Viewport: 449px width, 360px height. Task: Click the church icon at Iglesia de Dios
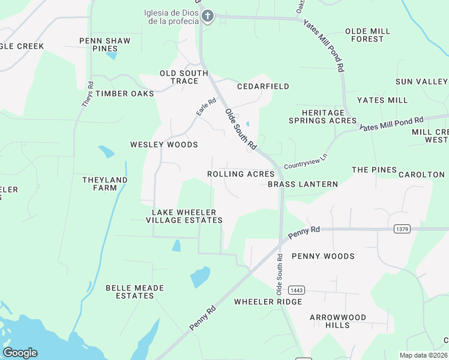[x=208, y=16]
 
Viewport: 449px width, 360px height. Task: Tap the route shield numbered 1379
[x=402, y=229]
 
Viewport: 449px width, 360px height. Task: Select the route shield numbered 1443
[x=297, y=290]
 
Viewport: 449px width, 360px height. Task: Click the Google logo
[x=20, y=353]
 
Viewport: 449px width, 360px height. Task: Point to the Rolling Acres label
[x=241, y=174]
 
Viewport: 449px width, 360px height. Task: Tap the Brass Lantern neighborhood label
[x=303, y=184]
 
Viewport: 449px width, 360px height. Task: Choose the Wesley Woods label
[x=164, y=145]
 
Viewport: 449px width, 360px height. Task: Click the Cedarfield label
[x=263, y=86]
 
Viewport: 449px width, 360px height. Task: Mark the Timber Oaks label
[x=124, y=94]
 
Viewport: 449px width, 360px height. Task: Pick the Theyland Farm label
[x=104, y=184]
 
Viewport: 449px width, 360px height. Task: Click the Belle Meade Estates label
[x=134, y=292]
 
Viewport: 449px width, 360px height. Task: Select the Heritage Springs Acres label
[x=321, y=116]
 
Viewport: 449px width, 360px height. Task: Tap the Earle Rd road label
[x=206, y=107]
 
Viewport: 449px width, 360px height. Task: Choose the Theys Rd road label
[x=88, y=94]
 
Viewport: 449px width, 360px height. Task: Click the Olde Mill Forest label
[x=367, y=35]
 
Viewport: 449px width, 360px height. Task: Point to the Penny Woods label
[x=323, y=256]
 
